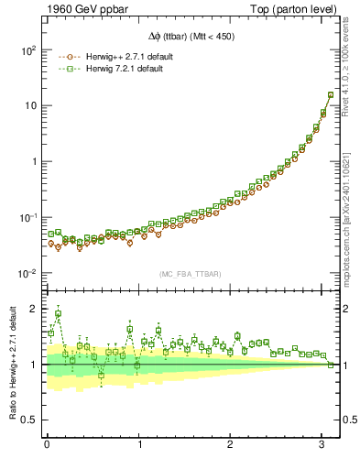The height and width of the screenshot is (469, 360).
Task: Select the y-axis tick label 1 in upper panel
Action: tap(32, 161)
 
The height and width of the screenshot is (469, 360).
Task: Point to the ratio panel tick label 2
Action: tap(32, 309)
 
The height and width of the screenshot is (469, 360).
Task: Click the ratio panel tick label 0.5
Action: tap(27, 420)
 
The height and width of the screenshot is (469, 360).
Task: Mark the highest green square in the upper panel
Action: tap(331, 94)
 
